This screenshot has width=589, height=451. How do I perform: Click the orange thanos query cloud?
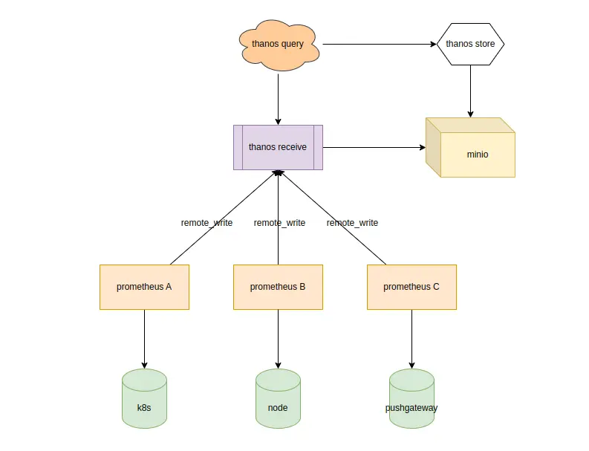click(279, 45)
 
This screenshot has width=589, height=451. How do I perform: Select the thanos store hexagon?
click(470, 44)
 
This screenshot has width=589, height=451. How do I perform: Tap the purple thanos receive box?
click(278, 147)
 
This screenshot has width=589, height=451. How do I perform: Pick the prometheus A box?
click(144, 287)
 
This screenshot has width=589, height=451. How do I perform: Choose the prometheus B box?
click(278, 287)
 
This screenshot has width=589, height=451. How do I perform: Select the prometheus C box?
click(411, 287)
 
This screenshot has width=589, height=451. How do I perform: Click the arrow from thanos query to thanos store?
click(379, 44)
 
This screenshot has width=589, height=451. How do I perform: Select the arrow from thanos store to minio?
click(470, 91)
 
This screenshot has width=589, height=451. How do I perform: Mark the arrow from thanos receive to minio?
click(374, 147)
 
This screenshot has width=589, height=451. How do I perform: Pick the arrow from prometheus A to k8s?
click(144, 338)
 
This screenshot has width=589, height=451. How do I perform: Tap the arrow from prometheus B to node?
click(278, 338)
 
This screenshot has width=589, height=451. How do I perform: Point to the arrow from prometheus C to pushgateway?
click(411, 338)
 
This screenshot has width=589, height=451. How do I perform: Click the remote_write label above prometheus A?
click(206, 223)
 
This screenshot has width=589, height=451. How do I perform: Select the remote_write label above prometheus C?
click(352, 223)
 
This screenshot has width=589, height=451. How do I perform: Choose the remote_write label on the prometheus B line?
click(279, 223)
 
